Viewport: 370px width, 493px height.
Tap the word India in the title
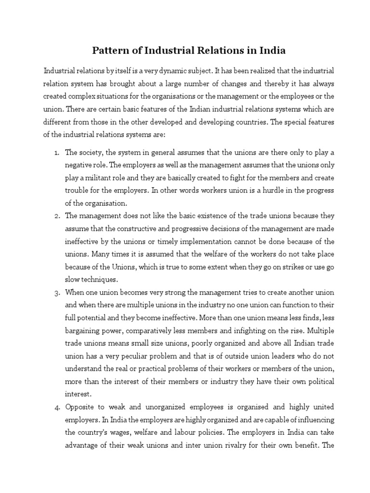[273, 50]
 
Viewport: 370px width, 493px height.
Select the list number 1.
[56, 153]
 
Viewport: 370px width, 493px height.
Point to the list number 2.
[56, 215]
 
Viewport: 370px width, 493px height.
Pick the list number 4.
[56, 407]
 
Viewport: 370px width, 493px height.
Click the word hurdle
[262, 190]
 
